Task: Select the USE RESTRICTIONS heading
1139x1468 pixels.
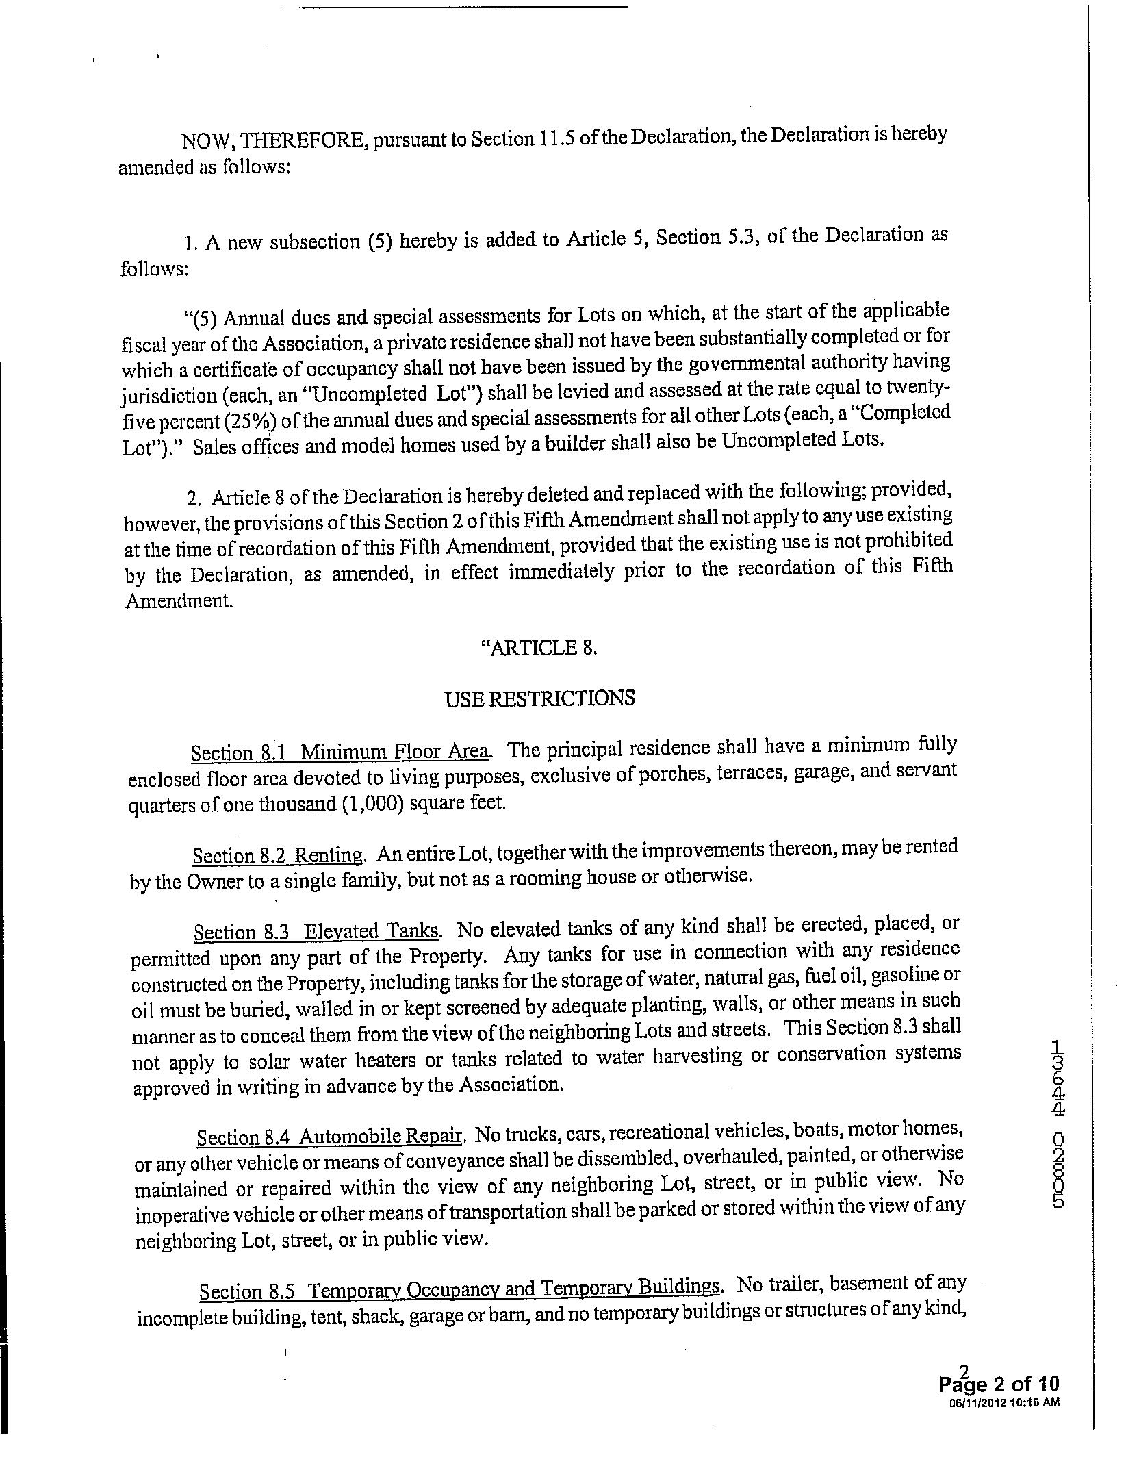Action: (539, 698)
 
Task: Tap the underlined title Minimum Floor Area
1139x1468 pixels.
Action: (395, 752)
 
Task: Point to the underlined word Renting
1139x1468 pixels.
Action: (331, 855)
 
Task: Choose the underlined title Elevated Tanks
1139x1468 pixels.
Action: (371, 931)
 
